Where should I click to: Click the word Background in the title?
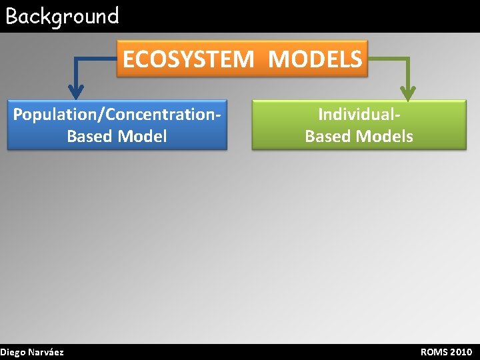coord(62,16)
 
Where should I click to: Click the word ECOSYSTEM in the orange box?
coord(188,59)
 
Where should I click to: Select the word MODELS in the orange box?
coord(315,59)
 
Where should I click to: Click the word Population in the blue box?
coord(55,115)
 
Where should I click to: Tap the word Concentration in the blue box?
coord(159,115)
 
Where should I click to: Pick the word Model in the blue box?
coord(142,137)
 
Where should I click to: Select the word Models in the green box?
coord(385,137)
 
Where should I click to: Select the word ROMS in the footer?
coord(434,352)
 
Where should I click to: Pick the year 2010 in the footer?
coord(461,352)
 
